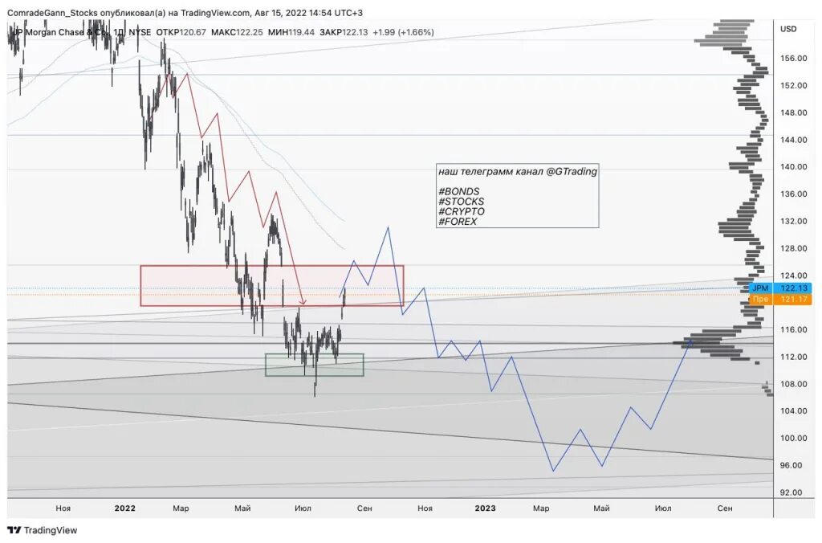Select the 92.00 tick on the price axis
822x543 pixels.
(x=790, y=492)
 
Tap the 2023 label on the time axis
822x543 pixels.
(x=485, y=508)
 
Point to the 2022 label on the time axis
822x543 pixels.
(x=124, y=508)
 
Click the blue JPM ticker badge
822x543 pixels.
(x=759, y=288)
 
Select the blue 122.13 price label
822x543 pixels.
(x=795, y=288)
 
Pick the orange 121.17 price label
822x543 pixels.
(x=795, y=299)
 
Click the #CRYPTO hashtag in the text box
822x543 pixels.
(x=462, y=211)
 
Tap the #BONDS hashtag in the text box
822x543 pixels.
(x=458, y=191)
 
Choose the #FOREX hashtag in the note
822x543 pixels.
(x=458, y=221)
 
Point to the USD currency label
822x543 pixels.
(x=788, y=29)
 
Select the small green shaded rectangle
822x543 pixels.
(x=315, y=365)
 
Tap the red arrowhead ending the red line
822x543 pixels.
(x=303, y=303)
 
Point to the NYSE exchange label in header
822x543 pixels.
(x=140, y=32)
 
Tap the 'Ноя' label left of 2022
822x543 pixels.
(x=63, y=508)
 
